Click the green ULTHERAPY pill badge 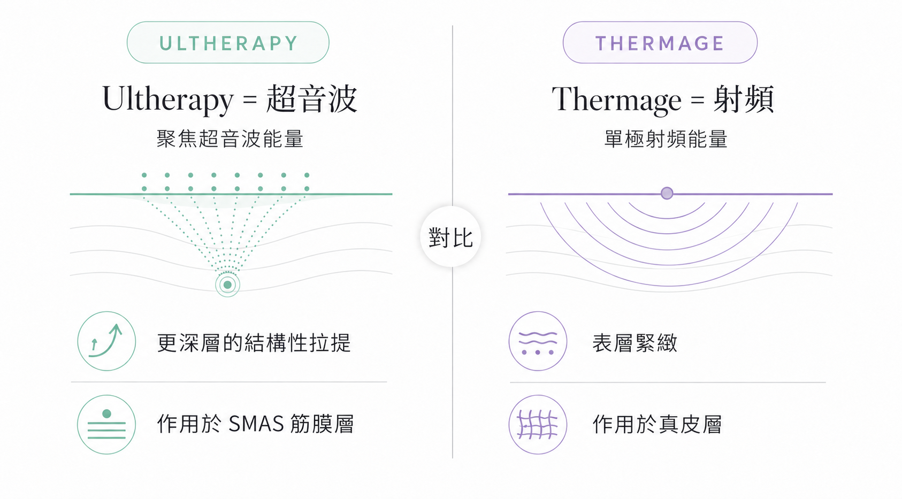coord(228,42)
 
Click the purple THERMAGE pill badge coord(660,42)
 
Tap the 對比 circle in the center coord(450,236)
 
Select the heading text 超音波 coord(311,99)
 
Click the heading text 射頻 coord(743,99)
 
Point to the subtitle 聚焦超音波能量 coord(230,139)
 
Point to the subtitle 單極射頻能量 coord(666,139)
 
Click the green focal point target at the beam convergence coord(227,285)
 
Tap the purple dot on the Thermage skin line coord(667,193)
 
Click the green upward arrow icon coord(106,341)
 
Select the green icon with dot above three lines coord(106,425)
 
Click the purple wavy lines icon coord(538,341)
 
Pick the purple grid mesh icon coord(538,425)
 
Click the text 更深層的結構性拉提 coord(254,343)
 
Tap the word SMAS coord(256,424)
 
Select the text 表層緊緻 coord(635,343)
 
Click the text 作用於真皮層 coord(657,424)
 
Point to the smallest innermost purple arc coord(667,218)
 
